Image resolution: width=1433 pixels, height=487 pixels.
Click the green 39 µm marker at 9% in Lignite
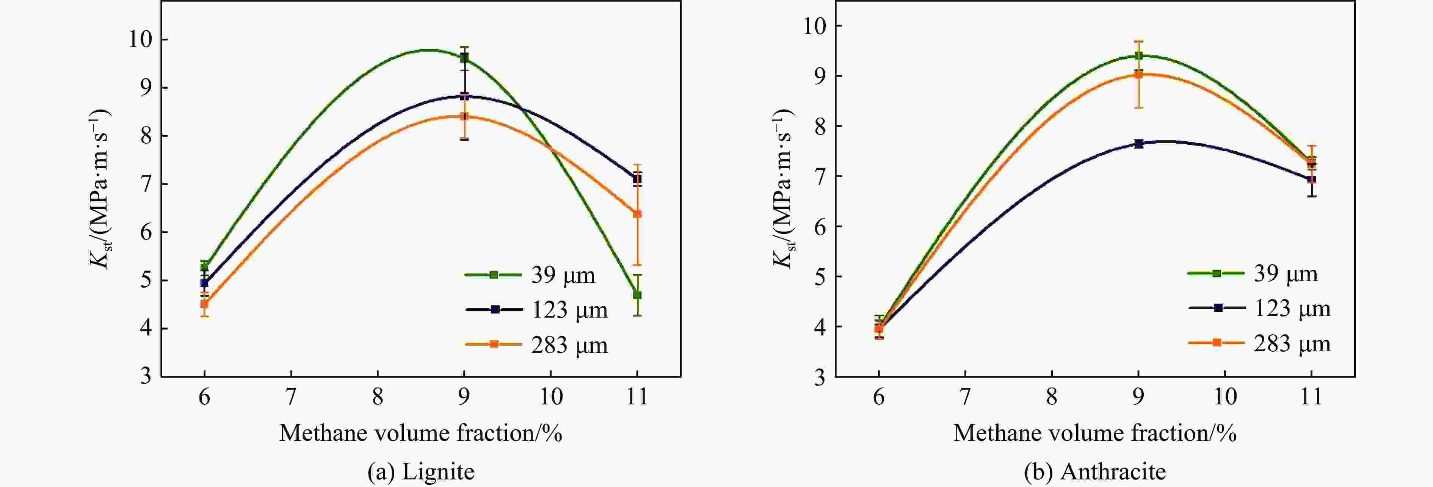click(464, 57)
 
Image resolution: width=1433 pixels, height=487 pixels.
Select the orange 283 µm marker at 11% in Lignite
click(637, 213)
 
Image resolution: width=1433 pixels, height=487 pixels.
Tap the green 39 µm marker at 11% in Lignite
click(637, 294)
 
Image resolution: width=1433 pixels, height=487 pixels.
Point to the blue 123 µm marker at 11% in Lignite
click(637, 179)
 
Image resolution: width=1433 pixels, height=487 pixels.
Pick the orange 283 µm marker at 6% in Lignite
click(204, 304)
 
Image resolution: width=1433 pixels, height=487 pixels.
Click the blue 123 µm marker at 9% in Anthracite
click(1138, 143)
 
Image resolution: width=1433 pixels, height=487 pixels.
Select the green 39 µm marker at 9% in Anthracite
click(1138, 56)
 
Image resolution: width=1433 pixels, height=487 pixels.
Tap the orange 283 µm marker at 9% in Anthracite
click(1138, 74)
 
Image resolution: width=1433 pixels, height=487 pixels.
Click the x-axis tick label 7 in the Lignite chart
click(290, 396)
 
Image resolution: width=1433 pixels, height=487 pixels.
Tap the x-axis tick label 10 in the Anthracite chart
click(1224, 396)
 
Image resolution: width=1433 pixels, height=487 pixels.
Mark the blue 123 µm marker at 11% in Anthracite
click(1311, 179)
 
